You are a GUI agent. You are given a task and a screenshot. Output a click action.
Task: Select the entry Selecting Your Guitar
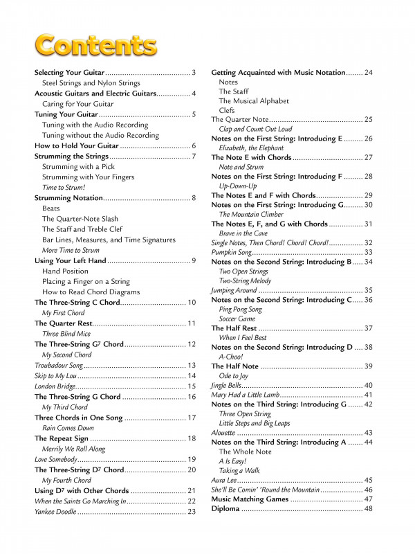(69, 73)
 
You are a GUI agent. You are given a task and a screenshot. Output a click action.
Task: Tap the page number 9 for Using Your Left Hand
(194, 260)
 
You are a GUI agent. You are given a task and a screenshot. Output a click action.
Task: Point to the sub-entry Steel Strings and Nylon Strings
(91, 83)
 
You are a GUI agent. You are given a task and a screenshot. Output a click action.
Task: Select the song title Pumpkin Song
(231, 253)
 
